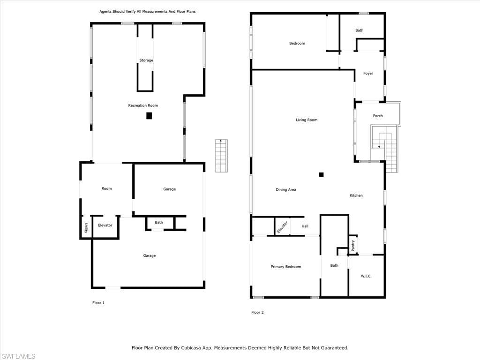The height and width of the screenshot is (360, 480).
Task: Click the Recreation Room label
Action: [x=143, y=105]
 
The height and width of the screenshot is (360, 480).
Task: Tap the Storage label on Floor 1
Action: [x=146, y=60]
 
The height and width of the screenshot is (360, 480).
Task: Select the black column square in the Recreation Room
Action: [x=149, y=116]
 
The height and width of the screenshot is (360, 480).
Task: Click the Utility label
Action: [x=86, y=228]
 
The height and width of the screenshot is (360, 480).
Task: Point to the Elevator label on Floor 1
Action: [x=105, y=225]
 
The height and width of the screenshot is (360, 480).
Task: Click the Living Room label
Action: [x=307, y=120]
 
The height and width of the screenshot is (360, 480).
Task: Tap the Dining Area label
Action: [x=285, y=190]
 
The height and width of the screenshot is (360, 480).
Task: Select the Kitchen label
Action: [x=356, y=195]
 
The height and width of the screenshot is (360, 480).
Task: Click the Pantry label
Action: [x=352, y=246]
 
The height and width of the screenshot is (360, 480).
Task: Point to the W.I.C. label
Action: [x=366, y=276]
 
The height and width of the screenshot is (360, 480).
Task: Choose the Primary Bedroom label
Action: [x=285, y=267]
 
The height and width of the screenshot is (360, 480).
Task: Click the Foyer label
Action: [x=368, y=74]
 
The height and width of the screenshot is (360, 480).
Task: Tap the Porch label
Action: [x=378, y=116]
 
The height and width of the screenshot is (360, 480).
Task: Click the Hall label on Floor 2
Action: [x=305, y=226]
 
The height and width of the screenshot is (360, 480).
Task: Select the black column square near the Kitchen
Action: [x=321, y=174]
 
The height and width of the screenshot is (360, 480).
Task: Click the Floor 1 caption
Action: [x=98, y=303]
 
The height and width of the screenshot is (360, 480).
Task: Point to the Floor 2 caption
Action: [x=257, y=312]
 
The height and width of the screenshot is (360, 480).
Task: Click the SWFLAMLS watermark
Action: [x=18, y=356]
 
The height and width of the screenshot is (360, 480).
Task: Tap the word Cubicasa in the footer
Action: [x=193, y=348]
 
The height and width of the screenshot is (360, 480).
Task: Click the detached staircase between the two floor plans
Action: [x=221, y=156]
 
